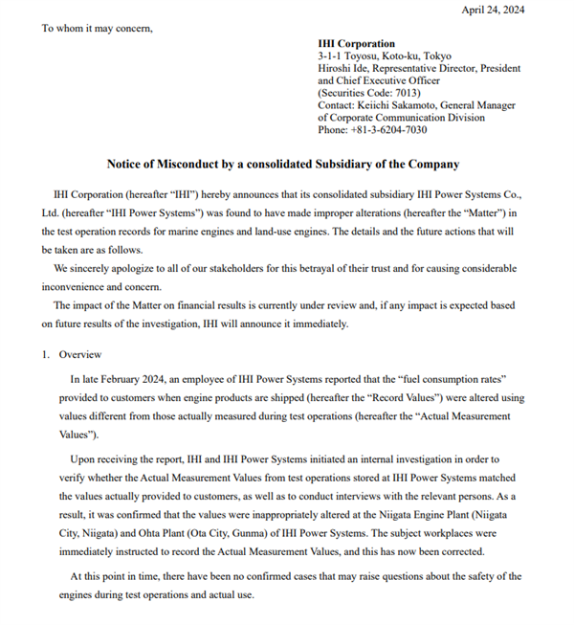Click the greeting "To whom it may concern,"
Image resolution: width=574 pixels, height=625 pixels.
point(97,28)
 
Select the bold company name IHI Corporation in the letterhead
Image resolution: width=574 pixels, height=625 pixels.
point(356,44)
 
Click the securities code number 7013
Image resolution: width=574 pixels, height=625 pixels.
point(394,93)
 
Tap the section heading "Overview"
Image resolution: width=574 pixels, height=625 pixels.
point(80,354)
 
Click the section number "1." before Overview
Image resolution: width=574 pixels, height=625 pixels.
point(46,354)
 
